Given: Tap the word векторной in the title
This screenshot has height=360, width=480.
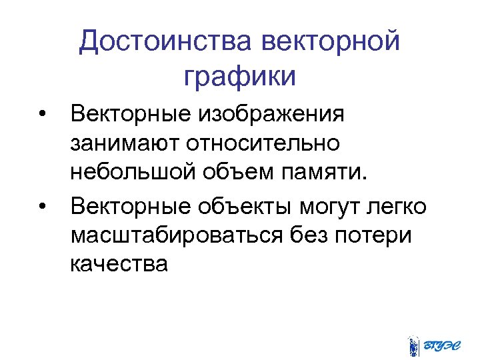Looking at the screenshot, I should [x=331, y=42].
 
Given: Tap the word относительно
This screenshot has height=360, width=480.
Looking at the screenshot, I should [x=263, y=144].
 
